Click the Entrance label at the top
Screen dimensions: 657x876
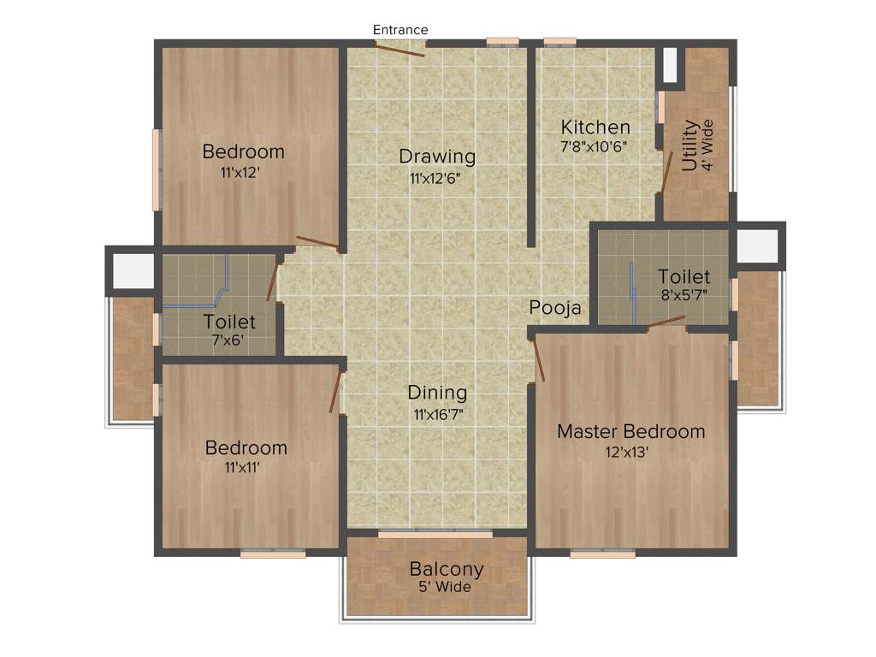click(400, 30)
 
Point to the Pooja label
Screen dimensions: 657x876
click(555, 308)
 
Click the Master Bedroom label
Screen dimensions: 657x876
click(631, 431)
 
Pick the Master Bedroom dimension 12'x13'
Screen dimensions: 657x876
click(631, 453)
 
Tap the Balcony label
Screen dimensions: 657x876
click(447, 569)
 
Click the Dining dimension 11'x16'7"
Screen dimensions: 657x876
click(437, 415)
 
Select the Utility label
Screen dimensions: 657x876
click(690, 146)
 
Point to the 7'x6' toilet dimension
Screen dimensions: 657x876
click(229, 340)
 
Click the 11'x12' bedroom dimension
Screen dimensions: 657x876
click(240, 173)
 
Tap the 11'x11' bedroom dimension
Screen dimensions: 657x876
click(243, 468)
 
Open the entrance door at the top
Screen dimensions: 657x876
click(400, 49)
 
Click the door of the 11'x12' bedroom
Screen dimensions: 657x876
click(317, 242)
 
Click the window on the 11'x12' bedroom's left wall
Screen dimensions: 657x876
click(157, 169)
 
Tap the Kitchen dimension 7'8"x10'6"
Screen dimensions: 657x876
click(594, 146)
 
